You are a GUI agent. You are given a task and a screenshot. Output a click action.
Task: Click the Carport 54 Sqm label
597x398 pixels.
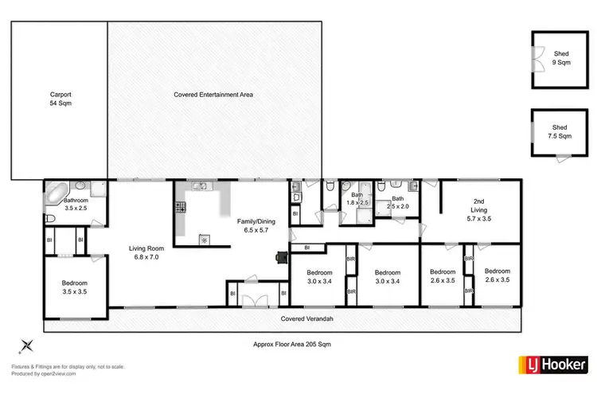tap(60, 99)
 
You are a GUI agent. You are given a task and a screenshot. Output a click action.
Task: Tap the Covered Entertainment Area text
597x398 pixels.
tap(213, 95)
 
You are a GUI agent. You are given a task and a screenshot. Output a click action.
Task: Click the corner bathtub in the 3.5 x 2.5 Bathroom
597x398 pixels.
tap(56, 192)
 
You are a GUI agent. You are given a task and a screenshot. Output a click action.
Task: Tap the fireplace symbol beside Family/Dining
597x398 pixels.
tap(280, 257)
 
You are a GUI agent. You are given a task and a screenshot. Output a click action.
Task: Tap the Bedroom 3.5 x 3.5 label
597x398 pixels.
tap(74, 287)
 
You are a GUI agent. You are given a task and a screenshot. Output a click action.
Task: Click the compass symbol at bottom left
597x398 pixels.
tap(26, 345)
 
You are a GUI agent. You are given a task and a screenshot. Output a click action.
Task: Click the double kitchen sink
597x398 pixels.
tap(199, 187)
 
